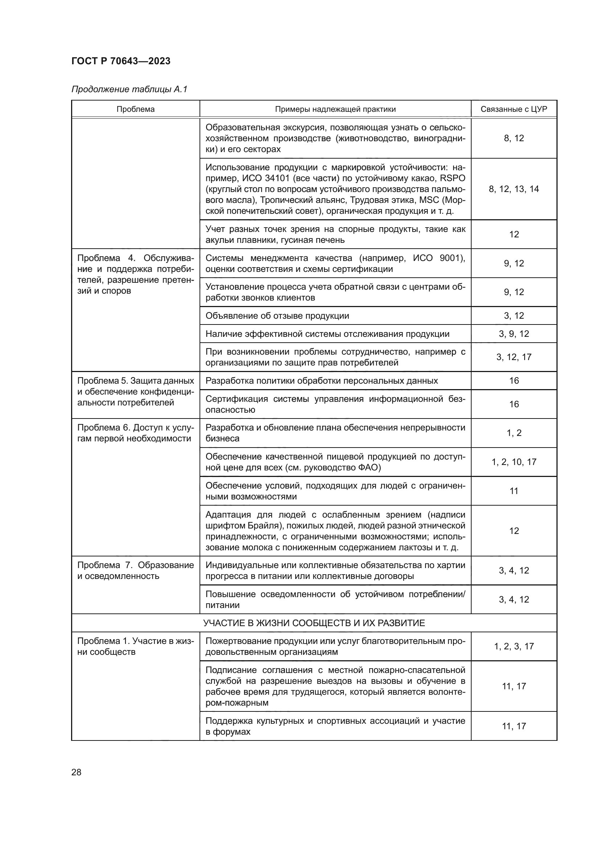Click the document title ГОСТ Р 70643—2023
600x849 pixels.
121,61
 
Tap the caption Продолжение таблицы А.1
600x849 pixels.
129,89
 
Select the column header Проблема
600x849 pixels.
135,109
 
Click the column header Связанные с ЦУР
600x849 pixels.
514,109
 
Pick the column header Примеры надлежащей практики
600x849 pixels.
335,109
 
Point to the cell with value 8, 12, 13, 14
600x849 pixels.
514,189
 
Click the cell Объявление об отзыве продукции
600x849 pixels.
277,316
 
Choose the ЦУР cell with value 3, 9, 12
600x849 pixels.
514,334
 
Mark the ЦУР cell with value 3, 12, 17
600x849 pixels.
514,357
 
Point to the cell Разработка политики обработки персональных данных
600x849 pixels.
321,381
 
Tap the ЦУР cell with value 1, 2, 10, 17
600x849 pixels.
514,462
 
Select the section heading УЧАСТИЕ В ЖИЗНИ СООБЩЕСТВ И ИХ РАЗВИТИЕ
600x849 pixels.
314,623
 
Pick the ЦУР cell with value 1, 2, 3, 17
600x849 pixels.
514,646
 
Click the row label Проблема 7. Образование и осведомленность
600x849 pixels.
135,571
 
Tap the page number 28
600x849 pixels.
77,772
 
